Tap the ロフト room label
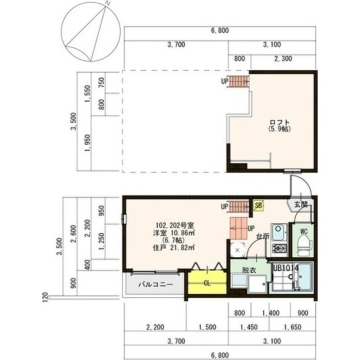(x=279, y=122)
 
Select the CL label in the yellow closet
(x=207, y=283)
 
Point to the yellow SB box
(x=258, y=206)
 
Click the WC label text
(x=304, y=231)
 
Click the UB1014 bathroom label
(x=285, y=267)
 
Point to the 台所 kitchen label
(x=263, y=235)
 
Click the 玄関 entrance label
(x=301, y=204)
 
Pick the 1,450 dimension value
(x=248, y=327)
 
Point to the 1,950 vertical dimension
(x=87, y=143)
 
